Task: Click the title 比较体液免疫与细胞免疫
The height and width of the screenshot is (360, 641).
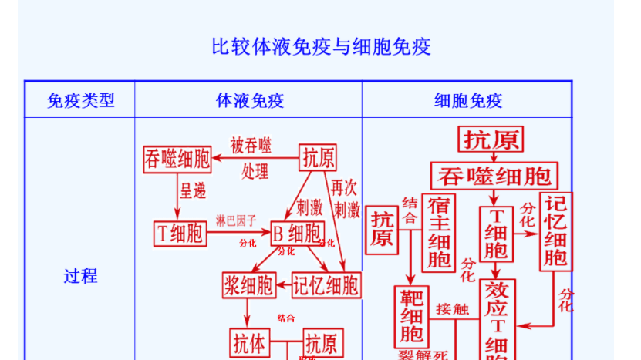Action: [x=321, y=47]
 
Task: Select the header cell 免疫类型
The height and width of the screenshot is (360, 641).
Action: [x=80, y=100]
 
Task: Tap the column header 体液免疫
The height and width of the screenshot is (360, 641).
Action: [x=249, y=100]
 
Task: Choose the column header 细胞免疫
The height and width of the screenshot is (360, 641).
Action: [x=467, y=100]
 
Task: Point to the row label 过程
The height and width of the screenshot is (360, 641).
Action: [x=80, y=276]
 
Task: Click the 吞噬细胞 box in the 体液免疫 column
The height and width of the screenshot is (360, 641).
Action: [x=177, y=160]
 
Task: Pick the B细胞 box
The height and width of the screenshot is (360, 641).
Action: [x=297, y=233]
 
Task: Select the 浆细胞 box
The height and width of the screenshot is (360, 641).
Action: [x=248, y=285]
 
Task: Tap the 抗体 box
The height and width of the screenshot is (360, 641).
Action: [x=248, y=343]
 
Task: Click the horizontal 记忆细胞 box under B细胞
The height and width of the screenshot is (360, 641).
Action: [x=326, y=285]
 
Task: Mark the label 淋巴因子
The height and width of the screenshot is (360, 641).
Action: [x=236, y=220]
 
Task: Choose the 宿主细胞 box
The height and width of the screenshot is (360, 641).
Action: [x=440, y=232]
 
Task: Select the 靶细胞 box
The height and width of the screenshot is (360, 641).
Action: [x=411, y=316]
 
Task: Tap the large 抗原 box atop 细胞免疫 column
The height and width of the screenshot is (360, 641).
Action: [x=491, y=140]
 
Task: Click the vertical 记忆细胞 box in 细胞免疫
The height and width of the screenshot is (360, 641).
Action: [x=556, y=230]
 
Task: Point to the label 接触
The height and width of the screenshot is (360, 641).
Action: [x=452, y=309]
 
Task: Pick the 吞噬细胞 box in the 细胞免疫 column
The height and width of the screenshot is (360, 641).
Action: [x=494, y=175]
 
